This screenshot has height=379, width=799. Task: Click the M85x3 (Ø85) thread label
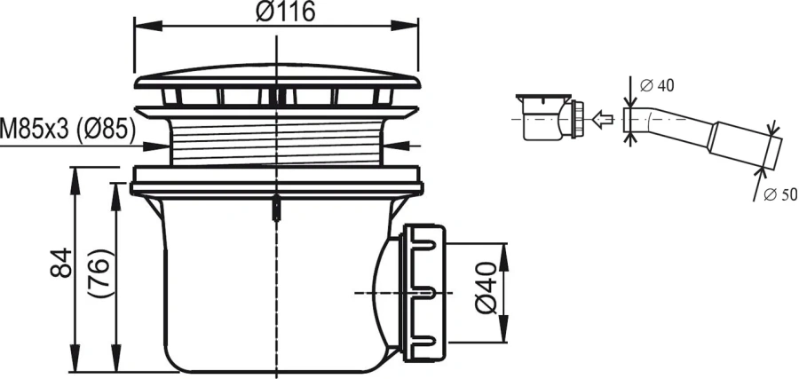pyautogui.click(x=69, y=130)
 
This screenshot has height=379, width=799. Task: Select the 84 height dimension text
pyautogui.click(x=56, y=263)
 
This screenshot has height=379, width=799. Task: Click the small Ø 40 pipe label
pyautogui.click(x=658, y=85)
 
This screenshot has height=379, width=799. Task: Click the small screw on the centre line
pyautogui.click(x=277, y=209)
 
